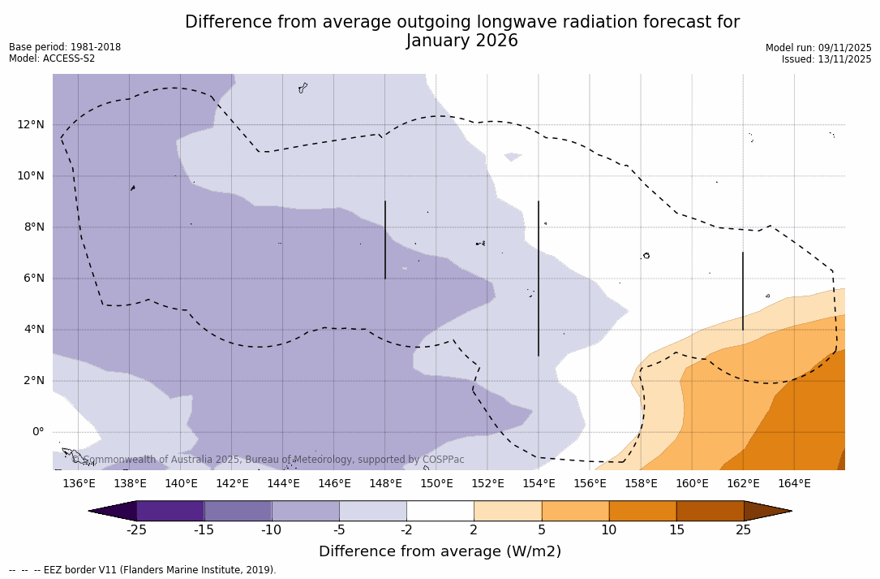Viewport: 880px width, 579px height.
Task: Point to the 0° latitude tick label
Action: pyautogui.click(x=37, y=431)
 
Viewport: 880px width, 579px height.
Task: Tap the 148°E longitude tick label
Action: pyautogui.click(x=385, y=483)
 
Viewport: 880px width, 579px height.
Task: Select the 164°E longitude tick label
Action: pyautogui.click(x=794, y=483)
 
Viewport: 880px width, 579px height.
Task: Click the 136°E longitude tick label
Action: pyautogui.click(x=79, y=483)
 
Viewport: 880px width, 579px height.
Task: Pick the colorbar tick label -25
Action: pyautogui.click(x=136, y=530)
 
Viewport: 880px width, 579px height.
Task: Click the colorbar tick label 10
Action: pyautogui.click(x=608, y=530)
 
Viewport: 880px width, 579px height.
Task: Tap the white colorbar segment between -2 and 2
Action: pyautogui.click(x=440, y=511)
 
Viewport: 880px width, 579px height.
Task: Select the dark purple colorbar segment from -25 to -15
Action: pyautogui.click(x=170, y=511)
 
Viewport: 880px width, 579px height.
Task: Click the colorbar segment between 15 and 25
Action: pyautogui.click(x=710, y=511)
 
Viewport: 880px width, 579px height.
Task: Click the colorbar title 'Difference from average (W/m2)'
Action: pyautogui.click(x=440, y=551)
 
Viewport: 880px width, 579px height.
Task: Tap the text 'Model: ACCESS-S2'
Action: pyautogui.click(x=52, y=58)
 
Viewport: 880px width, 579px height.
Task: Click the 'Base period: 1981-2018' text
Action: pyautogui.click(x=65, y=47)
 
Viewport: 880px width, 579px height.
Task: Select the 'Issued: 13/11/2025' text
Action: pyautogui.click(x=826, y=59)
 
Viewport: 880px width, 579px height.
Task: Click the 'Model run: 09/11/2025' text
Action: pyautogui.click(x=818, y=48)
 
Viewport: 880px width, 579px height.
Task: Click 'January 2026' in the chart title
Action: pyautogui.click(x=461, y=41)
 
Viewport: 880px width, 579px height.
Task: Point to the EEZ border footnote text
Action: pyautogui.click(x=142, y=570)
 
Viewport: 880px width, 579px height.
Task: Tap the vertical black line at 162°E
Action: pyautogui.click(x=743, y=291)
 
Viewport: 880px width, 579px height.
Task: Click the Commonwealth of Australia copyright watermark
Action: pyautogui.click(x=268, y=460)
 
